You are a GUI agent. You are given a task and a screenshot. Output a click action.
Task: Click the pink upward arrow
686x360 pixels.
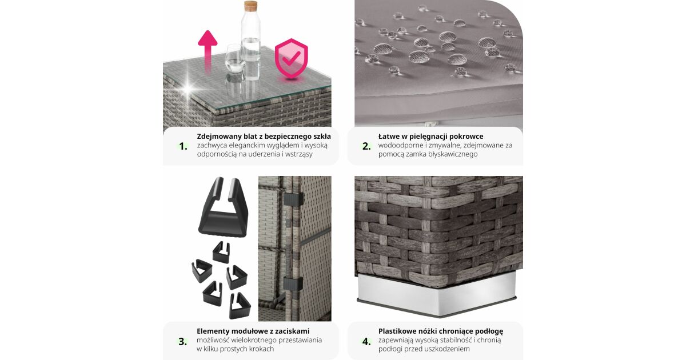208,50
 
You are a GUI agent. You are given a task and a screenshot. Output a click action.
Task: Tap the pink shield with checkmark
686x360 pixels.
291,58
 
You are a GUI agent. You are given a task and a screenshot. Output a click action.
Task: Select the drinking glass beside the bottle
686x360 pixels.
234,58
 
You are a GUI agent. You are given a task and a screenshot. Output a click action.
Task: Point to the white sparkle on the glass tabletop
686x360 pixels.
188,89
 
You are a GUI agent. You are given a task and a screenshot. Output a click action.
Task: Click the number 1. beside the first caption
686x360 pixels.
183,146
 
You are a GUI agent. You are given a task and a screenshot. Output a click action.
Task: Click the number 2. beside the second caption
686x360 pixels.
366,146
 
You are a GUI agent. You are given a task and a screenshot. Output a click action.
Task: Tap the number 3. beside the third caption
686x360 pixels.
183,341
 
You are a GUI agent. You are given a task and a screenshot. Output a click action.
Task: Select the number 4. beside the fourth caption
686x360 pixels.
366,341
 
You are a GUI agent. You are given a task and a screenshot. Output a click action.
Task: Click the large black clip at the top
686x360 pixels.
224,208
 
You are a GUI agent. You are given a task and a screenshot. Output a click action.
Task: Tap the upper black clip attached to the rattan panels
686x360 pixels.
293,199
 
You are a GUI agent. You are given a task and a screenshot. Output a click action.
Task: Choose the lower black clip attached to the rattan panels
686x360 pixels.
293,284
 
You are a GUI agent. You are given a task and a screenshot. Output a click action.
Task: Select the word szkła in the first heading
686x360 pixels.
322,137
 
